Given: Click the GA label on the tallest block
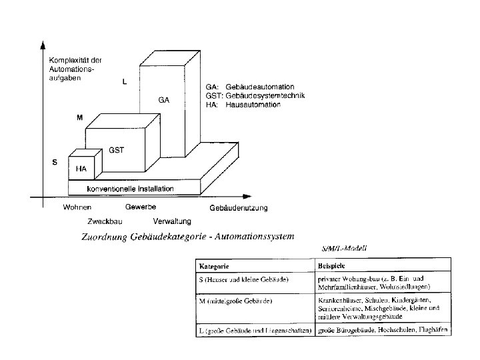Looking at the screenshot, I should (164, 100).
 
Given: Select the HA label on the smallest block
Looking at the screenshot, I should (81, 169).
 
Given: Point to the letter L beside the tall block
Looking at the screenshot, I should (124, 81).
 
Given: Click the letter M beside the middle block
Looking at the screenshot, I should (79, 117).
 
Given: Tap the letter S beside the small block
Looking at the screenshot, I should (55, 162).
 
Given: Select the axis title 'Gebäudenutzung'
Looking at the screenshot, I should (238, 208).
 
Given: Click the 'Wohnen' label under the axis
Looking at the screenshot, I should (77, 207).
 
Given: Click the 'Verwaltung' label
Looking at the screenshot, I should (172, 221).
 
